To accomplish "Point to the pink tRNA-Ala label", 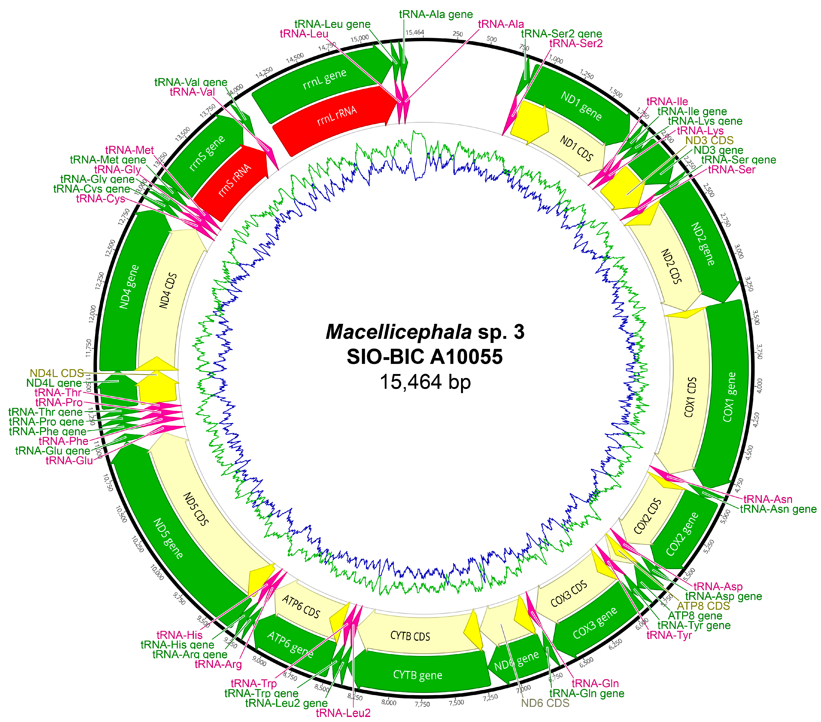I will click(501, 24).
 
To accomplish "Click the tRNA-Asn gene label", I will click(778, 509).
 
